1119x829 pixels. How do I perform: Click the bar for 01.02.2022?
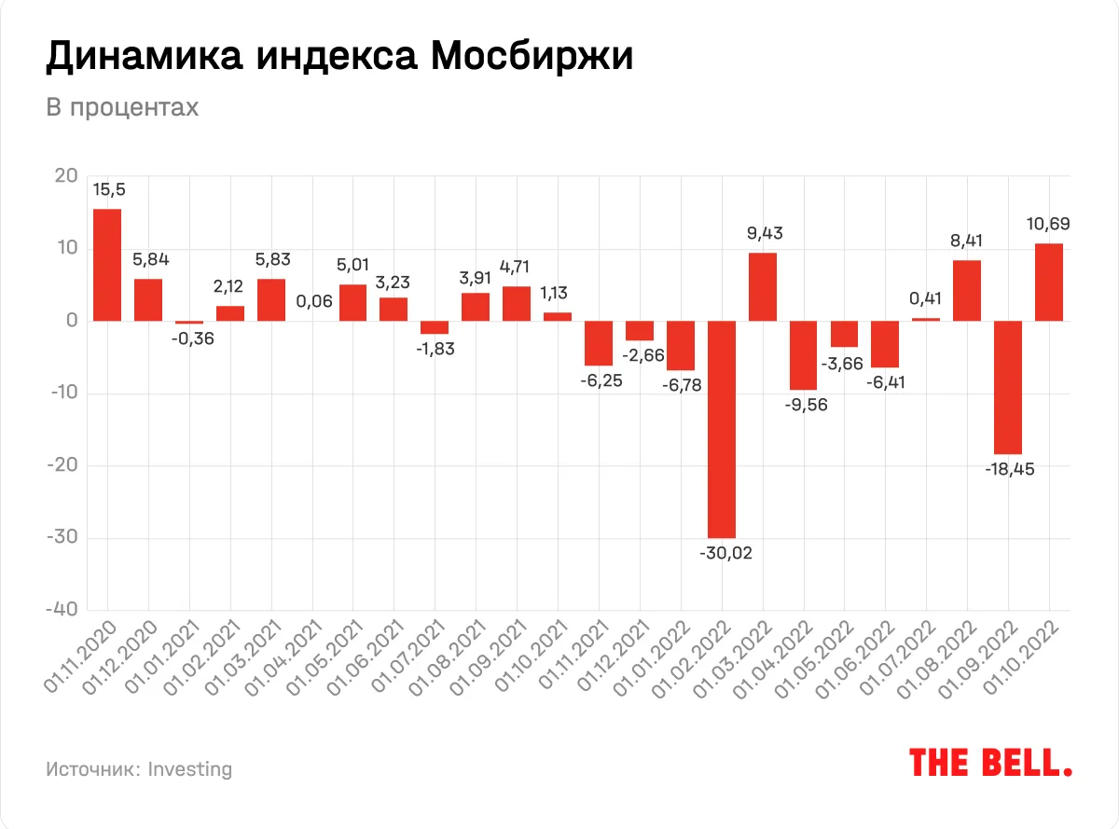(x=722, y=430)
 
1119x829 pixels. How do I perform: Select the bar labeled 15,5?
(x=107, y=265)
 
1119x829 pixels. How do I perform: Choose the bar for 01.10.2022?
(x=1049, y=283)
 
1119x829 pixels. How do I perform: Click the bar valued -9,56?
(x=804, y=355)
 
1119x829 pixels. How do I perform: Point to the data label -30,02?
(x=725, y=553)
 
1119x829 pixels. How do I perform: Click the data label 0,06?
(x=313, y=301)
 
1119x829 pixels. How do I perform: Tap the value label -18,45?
(x=1008, y=469)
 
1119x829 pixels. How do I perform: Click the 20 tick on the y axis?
(x=65, y=176)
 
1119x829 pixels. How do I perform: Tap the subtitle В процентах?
(x=122, y=108)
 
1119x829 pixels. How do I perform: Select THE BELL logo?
(x=990, y=762)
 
